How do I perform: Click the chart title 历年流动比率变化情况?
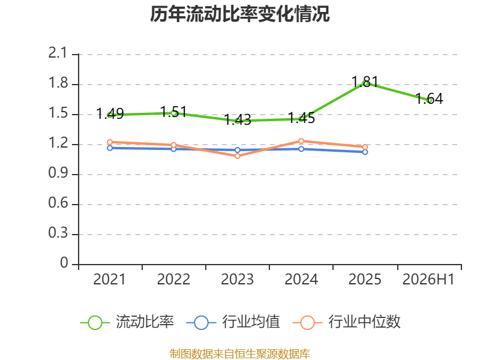tap(239, 14)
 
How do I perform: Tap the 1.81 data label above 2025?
tap(365, 82)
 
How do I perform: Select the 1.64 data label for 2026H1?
tap(429, 98)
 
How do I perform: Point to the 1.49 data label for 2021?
tap(110, 114)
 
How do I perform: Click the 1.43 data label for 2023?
tap(238, 119)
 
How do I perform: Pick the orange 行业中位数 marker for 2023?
tap(238, 156)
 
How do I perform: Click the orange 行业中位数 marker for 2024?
tap(301, 141)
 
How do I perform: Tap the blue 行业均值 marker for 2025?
tap(365, 152)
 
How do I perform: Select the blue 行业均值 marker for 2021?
tap(110, 148)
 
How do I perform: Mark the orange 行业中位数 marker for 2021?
tap(110, 142)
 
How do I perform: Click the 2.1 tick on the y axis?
tap(58, 53)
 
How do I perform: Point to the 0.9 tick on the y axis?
tap(58, 173)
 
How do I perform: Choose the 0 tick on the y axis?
tap(64, 263)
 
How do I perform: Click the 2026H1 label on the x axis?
tap(428, 279)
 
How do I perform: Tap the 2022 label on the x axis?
tap(173, 279)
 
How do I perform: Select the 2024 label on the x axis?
tap(301, 279)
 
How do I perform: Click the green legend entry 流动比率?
tap(127, 322)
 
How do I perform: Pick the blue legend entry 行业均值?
tap(233, 322)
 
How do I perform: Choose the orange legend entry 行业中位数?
tap(347, 322)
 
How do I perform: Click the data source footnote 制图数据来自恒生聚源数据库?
tap(240, 353)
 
